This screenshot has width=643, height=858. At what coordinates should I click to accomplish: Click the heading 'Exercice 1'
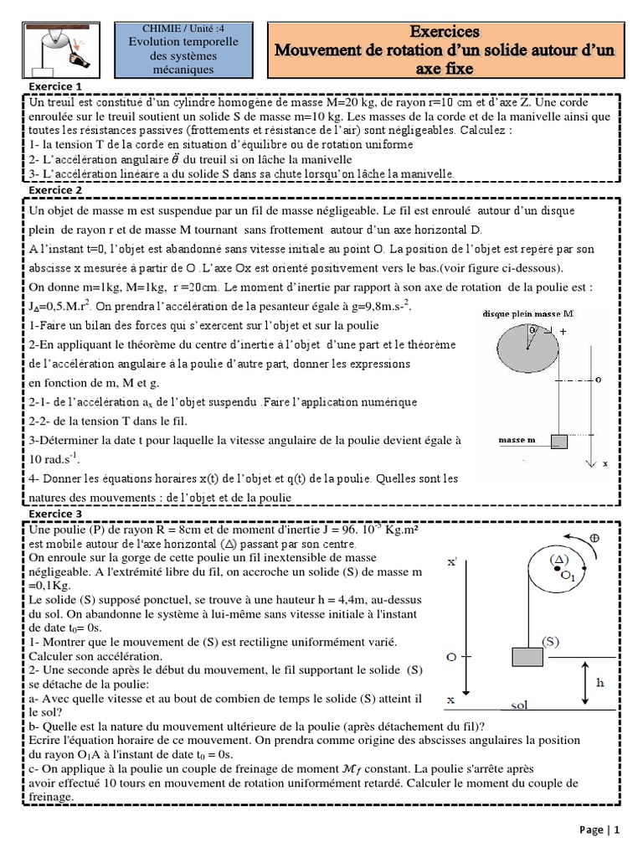(55, 86)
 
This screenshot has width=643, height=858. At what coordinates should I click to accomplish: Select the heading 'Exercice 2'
(55, 190)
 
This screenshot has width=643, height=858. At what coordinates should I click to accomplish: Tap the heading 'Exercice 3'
(55, 513)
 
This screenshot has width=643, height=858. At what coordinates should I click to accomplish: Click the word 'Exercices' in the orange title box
(445, 32)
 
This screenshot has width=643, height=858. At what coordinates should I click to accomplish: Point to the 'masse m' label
(517, 439)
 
